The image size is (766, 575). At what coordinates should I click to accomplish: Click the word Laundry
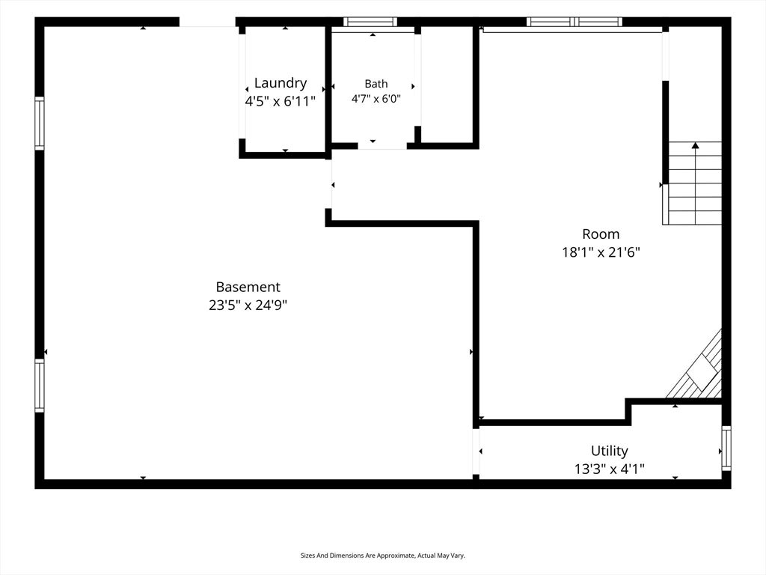[281, 84]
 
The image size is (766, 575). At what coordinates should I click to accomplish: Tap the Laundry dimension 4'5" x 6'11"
[281, 101]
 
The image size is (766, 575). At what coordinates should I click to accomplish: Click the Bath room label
[376, 84]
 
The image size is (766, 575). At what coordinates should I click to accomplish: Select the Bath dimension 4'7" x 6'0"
[376, 99]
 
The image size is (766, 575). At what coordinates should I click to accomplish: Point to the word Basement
[248, 287]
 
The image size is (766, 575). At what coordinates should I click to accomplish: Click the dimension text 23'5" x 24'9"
[248, 305]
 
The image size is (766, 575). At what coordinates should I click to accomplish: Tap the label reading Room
[601, 234]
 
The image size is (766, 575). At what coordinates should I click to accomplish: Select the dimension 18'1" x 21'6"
[601, 252]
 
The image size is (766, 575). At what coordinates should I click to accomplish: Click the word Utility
[609, 451]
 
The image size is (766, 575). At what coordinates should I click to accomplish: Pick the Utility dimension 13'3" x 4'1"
[609, 469]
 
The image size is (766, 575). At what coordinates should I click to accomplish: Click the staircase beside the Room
[692, 183]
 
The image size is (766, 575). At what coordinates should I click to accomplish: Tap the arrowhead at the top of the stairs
[695, 145]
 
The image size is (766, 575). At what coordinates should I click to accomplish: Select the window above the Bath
[370, 22]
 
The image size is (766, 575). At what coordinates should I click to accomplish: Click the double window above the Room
[574, 22]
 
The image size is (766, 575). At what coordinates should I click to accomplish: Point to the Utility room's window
[726, 448]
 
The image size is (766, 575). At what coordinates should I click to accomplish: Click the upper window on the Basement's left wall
[39, 124]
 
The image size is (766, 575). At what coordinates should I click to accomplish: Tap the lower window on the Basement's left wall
[39, 386]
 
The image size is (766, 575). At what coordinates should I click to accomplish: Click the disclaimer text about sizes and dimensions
[382, 556]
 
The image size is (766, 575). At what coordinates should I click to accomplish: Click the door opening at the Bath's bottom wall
[382, 146]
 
